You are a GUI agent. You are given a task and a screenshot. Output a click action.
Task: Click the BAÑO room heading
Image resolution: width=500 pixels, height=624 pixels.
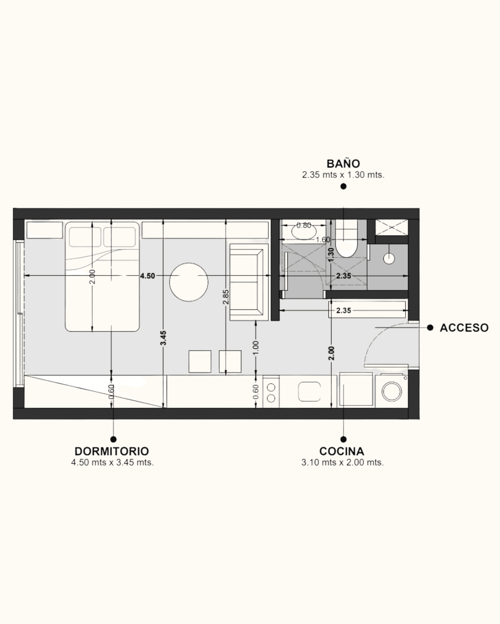tap(343, 164)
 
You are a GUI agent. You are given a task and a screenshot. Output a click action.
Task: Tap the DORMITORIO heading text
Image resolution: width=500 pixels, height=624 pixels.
tap(112, 451)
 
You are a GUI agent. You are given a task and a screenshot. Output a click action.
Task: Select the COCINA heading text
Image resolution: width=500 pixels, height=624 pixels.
tap(342, 451)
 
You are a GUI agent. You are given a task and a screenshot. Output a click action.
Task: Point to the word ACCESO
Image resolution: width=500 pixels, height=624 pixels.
tap(464, 328)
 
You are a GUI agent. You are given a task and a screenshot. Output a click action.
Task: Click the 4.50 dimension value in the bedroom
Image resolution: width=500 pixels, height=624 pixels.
tap(147, 276)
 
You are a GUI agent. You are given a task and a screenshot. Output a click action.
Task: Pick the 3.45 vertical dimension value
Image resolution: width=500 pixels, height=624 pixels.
tap(164, 338)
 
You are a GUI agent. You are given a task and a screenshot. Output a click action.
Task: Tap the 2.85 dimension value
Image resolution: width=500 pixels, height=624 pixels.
tap(226, 297)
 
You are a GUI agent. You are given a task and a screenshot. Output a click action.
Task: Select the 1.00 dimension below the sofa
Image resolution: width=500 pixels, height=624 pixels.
tap(256, 348)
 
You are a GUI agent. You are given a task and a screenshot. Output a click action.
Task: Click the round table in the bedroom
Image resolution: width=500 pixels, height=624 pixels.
tap(189, 282)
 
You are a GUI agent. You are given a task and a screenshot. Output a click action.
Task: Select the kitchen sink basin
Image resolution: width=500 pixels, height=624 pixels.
tap(309, 392)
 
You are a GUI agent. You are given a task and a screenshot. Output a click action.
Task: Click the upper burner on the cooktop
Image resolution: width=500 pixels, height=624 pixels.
tap(271, 387)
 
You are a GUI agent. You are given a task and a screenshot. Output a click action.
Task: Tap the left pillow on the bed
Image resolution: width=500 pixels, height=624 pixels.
tap(85, 237)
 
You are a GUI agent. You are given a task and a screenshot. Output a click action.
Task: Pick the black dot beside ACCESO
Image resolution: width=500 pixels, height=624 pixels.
tap(430, 328)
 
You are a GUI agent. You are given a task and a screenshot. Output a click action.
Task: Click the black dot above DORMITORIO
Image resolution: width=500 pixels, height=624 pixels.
tap(113, 439)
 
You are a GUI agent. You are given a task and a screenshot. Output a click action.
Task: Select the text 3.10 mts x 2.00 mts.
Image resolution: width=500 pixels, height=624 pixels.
tap(343, 462)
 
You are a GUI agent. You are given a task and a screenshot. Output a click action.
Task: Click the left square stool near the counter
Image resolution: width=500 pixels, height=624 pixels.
tap(200, 361)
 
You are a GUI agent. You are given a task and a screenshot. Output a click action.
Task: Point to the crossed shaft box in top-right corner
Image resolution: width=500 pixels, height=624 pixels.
tap(392, 227)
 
